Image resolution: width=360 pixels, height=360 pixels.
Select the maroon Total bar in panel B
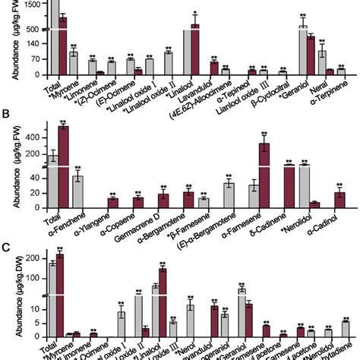63,168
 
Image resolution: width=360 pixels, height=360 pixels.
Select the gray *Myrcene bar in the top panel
74,64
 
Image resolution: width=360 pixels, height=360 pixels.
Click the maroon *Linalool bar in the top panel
195,49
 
